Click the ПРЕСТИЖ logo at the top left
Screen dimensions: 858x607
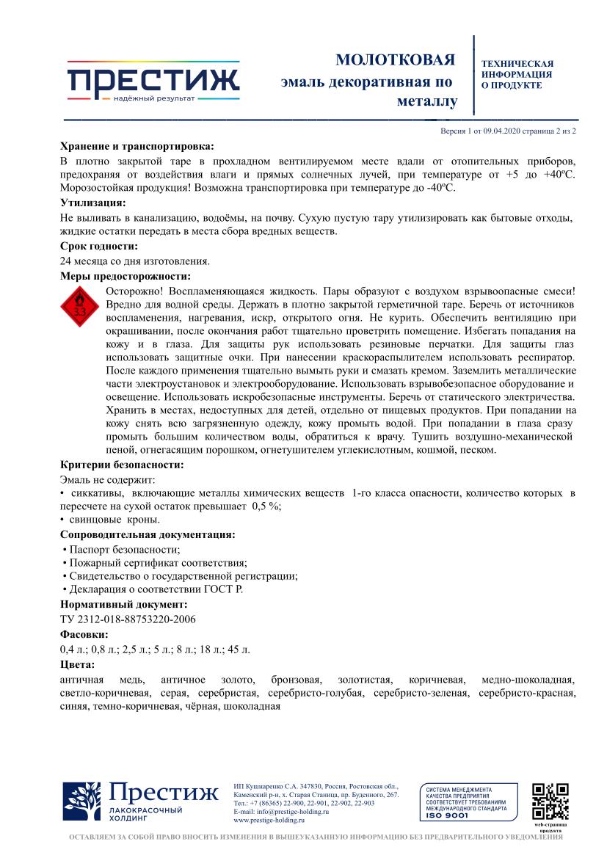click(x=153, y=81)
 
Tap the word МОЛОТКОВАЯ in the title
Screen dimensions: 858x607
click(x=395, y=59)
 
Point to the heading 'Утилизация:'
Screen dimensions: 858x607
click(x=92, y=203)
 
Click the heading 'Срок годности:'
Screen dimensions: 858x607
click(x=99, y=247)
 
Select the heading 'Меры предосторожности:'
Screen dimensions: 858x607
click(x=125, y=276)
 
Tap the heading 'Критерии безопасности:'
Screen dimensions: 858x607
click(x=122, y=464)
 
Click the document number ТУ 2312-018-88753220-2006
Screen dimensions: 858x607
click(x=128, y=619)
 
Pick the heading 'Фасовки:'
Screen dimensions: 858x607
click(x=84, y=634)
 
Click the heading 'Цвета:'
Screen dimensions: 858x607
click(x=77, y=664)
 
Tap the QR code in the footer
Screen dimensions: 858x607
click(x=550, y=801)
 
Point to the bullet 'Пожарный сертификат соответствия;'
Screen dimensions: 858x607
click(x=154, y=563)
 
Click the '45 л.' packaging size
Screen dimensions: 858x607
click(x=239, y=649)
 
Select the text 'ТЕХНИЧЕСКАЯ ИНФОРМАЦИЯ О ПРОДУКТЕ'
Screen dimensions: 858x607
click(x=517, y=75)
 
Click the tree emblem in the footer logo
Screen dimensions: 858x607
click(x=81, y=801)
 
